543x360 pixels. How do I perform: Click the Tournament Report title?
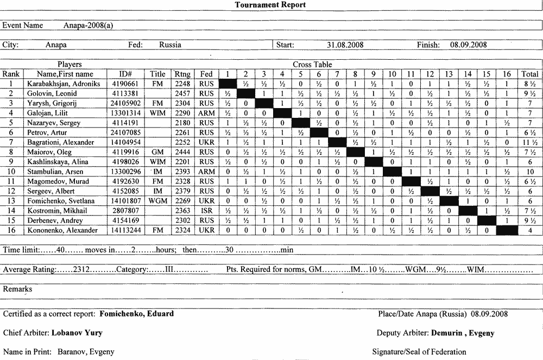(x=270, y=5)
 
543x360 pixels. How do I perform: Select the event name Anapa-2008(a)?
(x=88, y=25)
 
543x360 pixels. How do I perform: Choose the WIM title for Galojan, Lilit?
(x=157, y=113)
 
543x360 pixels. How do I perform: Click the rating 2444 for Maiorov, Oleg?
(x=182, y=152)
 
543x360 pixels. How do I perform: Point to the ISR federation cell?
(x=206, y=211)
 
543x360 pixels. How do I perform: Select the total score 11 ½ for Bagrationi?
(x=530, y=142)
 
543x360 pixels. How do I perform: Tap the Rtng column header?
(x=182, y=74)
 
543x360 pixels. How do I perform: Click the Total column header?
(x=530, y=74)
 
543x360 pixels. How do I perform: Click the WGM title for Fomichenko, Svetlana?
(x=157, y=201)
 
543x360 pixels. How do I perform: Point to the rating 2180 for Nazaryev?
(x=182, y=123)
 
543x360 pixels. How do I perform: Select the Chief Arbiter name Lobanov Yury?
(x=77, y=333)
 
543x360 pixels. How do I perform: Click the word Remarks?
(x=17, y=289)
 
